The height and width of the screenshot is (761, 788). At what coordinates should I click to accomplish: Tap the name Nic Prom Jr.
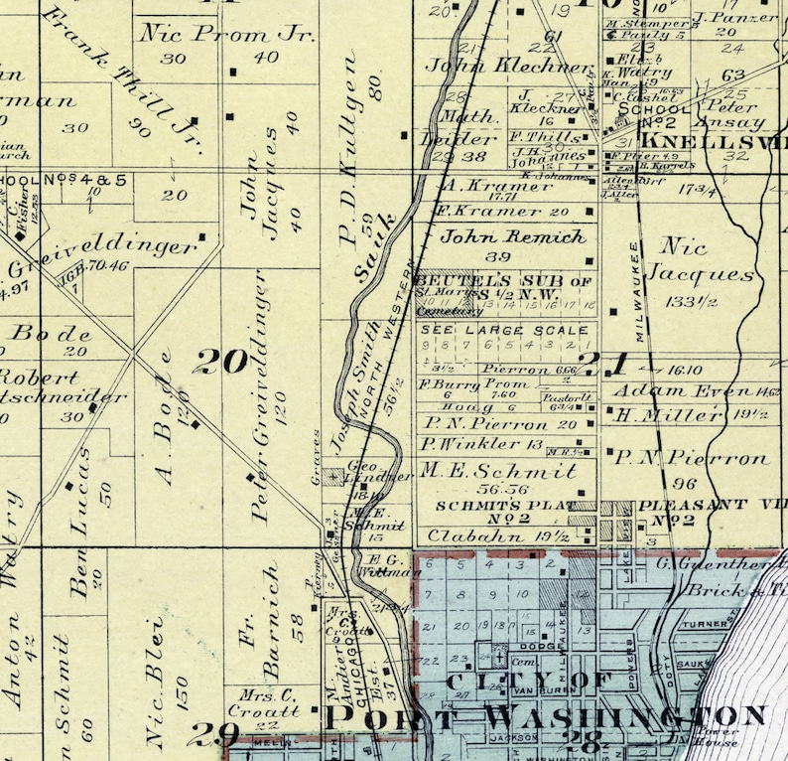[x=227, y=34]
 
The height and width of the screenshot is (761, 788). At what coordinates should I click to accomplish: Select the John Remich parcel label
[x=512, y=237]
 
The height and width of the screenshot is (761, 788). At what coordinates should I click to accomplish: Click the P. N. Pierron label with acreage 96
[x=691, y=458]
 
